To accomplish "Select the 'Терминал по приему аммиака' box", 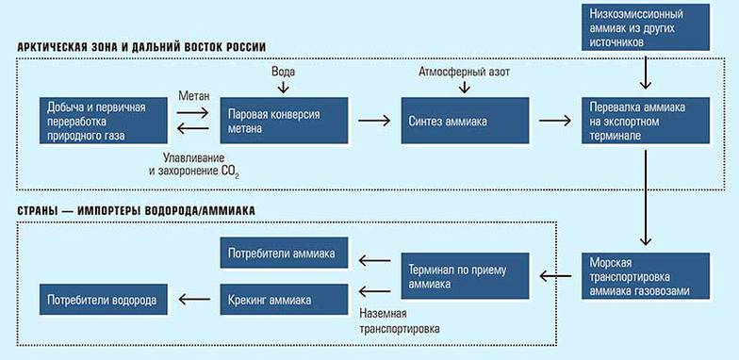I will (465, 276).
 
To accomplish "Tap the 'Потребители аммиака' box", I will (284, 254).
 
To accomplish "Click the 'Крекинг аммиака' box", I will (284, 300).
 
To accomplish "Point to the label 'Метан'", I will (193, 96).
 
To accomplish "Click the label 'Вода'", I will (282, 73).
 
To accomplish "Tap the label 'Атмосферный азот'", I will (463, 73).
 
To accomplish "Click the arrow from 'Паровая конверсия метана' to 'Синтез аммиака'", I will (373, 120).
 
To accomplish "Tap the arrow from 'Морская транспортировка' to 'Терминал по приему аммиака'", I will (555, 276).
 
